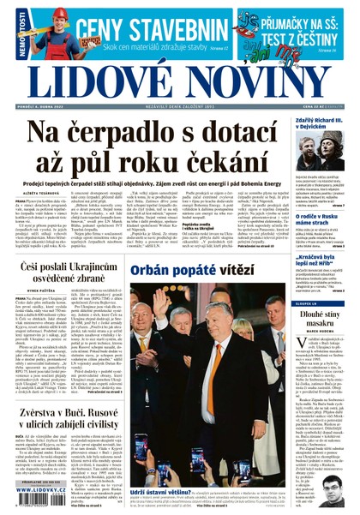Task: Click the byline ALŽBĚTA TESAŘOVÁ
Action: [39, 194]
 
